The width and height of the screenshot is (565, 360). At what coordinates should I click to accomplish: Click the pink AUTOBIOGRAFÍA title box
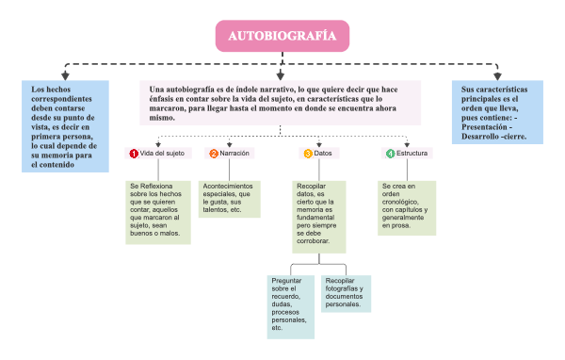tap(282, 37)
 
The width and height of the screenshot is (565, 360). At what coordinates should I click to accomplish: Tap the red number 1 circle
tap(134, 153)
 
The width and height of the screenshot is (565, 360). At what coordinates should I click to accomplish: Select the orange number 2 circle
tap(214, 153)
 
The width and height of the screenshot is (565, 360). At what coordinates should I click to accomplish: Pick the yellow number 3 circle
tap(307, 153)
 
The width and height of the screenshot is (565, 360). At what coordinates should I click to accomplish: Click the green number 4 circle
tap(390, 153)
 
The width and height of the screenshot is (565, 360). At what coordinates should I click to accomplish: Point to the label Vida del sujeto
tap(162, 153)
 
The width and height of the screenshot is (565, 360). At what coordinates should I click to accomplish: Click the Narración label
tap(234, 153)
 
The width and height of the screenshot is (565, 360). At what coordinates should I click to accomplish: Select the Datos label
tap(323, 153)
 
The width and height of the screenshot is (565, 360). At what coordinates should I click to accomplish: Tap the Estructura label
tap(412, 153)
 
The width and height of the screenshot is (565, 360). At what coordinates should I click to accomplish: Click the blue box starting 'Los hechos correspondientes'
tap(63, 125)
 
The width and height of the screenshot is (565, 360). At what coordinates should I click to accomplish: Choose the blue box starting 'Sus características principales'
tap(497, 111)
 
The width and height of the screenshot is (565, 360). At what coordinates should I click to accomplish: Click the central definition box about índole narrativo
tap(282, 103)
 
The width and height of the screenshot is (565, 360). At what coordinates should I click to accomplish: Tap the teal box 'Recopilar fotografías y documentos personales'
tap(345, 292)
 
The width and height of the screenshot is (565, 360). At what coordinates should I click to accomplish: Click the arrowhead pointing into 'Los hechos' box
tap(63, 76)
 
